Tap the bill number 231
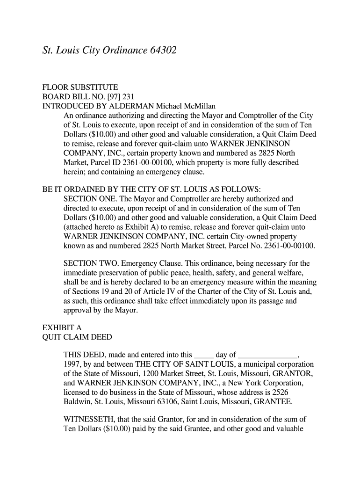click(x=115, y=97)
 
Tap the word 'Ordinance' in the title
click(x=122, y=50)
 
